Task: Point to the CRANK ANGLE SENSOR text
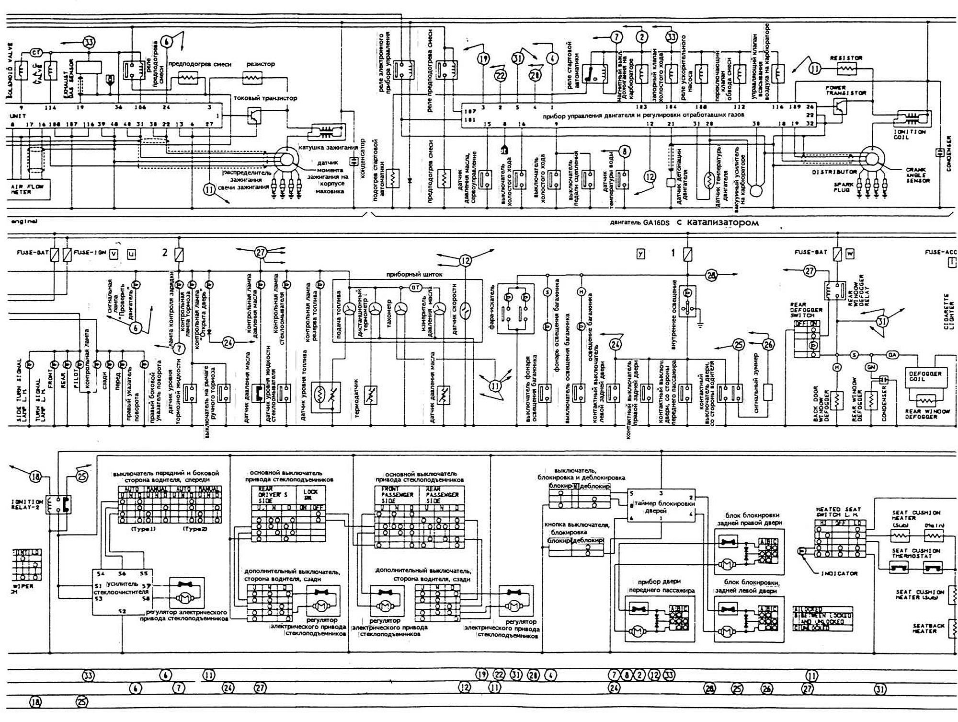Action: click(x=918, y=175)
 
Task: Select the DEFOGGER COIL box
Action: click(x=924, y=377)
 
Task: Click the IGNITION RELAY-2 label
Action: click(x=26, y=505)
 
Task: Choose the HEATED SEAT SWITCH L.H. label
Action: click(x=838, y=512)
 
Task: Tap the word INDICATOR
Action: click(x=839, y=573)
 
